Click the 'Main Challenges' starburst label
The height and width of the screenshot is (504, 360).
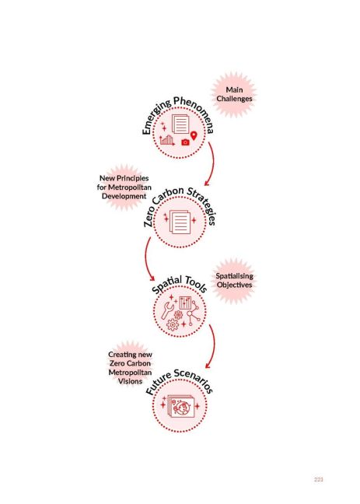(x=234, y=94)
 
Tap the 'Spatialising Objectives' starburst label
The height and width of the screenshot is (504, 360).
(x=234, y=280)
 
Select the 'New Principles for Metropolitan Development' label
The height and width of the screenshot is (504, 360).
(x=124, y=187)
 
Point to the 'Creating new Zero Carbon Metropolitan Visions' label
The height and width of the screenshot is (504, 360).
(x=130, y=368)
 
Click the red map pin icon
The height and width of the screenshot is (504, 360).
(x=194, y=135)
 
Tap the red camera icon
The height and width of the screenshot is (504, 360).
(x=185, y=142)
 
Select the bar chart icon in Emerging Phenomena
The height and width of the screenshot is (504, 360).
(x=167, y=139)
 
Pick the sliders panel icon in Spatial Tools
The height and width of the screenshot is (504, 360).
(x=185, y=303)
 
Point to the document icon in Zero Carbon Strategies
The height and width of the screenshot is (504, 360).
(x=180, y=222)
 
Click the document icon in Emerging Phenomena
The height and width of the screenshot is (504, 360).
(x=180, y=124)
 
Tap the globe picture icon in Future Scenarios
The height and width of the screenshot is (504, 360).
(x=180, y=407)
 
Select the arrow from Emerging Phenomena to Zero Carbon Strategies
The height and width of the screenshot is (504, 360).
(x=213, y=163)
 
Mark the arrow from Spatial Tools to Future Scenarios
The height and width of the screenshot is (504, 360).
(x=214, y=345)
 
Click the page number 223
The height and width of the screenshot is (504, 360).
(x=319, y=480)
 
